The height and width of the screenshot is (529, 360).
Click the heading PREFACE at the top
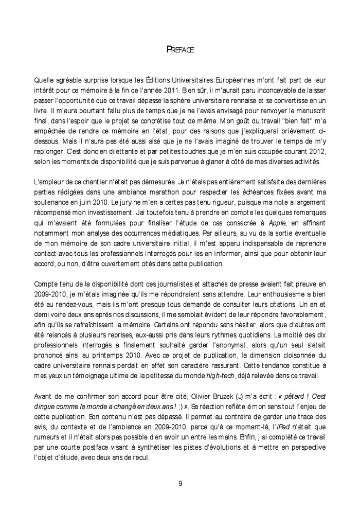179,50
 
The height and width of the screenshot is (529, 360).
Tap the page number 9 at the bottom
180,483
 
